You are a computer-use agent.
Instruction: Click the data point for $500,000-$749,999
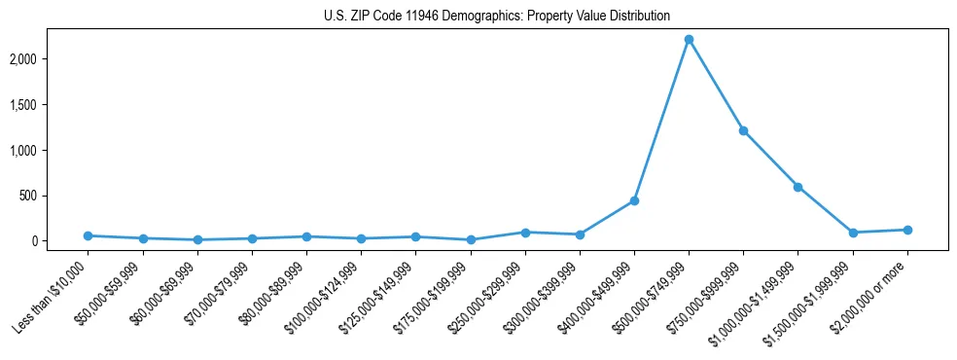689,40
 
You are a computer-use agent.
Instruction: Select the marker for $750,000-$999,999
743,130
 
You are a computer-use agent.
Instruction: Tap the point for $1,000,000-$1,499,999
797,187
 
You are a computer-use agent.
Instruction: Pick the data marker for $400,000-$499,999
634,200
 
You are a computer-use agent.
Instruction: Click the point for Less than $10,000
89,235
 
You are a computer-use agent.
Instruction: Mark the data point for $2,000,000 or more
907,230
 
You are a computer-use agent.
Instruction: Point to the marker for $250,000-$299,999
525,233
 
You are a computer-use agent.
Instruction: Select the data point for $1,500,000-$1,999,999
853,233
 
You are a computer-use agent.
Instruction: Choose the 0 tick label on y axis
60,241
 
